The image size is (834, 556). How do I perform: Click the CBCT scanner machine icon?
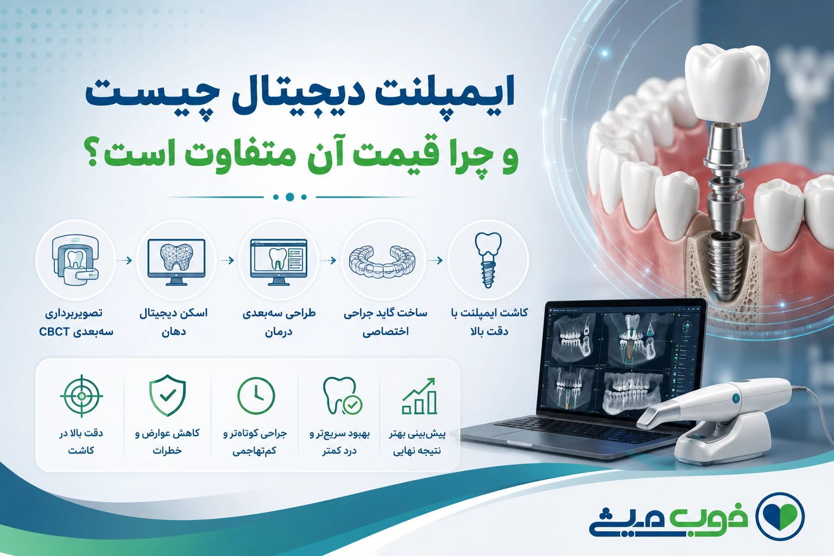click(x=75, y=260)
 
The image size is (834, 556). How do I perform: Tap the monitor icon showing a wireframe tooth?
click(x=176, y=262)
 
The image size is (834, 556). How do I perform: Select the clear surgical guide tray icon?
click(x=382, y=261)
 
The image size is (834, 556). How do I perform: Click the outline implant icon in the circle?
click(x=488, y=260)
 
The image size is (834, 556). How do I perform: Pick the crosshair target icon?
click(x=81, y=396)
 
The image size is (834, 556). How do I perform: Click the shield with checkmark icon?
click(x=168, y=395)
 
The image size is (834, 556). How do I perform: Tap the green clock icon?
click(x=256, y=395)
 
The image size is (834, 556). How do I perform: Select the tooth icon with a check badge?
click(x=342, y=396)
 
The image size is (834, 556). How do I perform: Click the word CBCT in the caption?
click(x=54, y=332)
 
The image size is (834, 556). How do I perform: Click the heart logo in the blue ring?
click(x=780, y=516)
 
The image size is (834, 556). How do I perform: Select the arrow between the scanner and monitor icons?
click(x=125, y=260)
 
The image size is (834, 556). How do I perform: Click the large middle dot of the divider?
click(x=289, y=197)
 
